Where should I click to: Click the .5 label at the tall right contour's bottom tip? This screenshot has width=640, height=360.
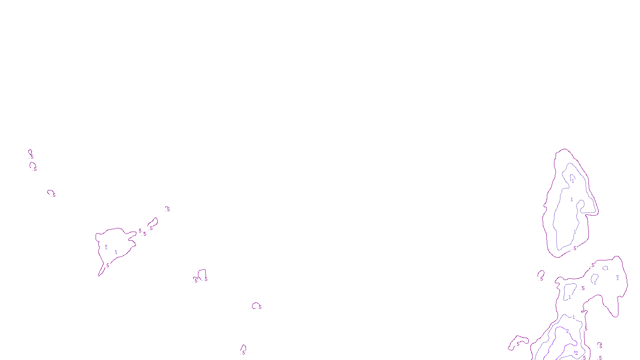(x=574, y=248)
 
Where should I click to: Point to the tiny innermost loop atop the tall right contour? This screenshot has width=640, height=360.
(x=572, y=178)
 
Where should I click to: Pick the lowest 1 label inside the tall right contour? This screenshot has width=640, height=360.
(x=575, y=232)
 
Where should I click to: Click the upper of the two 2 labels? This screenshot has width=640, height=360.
(x=567, y=331)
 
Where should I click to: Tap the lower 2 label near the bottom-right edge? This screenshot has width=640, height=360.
(x=576, y=353)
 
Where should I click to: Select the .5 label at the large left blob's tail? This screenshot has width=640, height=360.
(x=107, y=265)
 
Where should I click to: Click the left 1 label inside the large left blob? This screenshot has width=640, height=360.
(x=106, y=247)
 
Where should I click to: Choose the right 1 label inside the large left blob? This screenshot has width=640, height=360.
(x=116, y=252)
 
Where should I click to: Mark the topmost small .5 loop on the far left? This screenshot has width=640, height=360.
(x=30, y=153)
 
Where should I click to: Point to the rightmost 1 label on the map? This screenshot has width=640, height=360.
(x=618, y=278)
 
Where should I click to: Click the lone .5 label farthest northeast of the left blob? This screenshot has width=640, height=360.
(x=168, y=209)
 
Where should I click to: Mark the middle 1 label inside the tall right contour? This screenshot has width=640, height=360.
(x=572, y=199)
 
